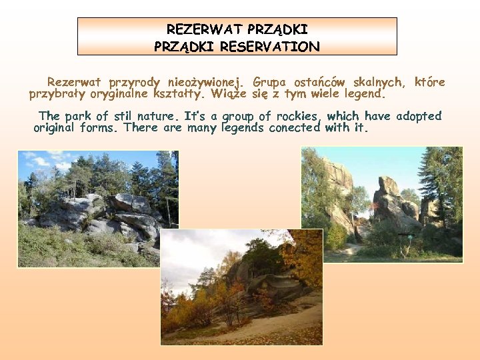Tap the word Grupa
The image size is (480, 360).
(271, 83)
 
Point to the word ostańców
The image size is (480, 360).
(319, 83)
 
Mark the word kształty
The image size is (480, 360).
(179, 94)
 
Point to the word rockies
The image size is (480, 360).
(300, 116)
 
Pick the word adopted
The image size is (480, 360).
(419, 116)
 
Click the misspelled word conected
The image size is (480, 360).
(295, 127)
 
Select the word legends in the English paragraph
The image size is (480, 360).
(243, 127)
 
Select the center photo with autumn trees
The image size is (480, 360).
(241, 287)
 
